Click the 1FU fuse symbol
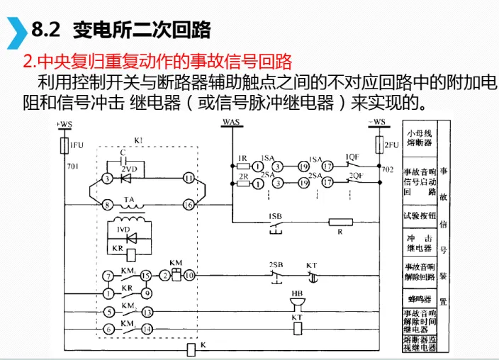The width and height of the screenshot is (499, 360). coord(64,145)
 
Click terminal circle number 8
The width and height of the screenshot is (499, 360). coord(107,205)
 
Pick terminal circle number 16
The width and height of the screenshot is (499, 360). coord(189,205)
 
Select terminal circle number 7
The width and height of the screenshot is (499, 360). coord(108,275)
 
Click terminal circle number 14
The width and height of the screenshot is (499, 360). coord(147,329)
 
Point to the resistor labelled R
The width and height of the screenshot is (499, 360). coord(340,222)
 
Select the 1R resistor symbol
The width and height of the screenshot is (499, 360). coord(242,167)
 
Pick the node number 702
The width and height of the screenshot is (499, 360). coord(387,171)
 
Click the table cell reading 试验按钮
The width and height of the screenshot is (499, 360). coord(417,213)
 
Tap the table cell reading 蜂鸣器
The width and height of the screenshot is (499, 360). coord(417,299)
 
